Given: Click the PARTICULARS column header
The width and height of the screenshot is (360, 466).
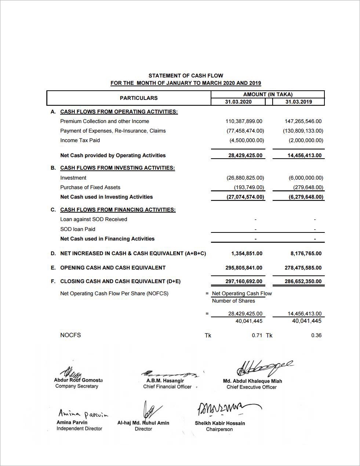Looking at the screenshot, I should pos(139,98).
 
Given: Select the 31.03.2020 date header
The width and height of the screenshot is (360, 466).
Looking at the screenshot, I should pos(238,102).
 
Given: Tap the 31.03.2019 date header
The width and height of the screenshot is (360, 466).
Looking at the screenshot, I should pos(298,102).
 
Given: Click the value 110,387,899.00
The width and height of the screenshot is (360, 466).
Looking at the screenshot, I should pos(244,121).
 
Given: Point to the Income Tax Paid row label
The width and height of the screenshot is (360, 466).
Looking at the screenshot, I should pos(80,140).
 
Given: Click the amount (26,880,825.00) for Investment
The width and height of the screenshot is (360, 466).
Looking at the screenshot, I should pos(245,178).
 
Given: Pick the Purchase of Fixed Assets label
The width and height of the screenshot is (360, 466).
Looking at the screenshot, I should pos(90,187).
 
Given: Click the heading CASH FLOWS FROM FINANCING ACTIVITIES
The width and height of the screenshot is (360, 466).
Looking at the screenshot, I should pos(118,210).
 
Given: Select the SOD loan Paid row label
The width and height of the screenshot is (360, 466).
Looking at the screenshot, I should pos(78,229).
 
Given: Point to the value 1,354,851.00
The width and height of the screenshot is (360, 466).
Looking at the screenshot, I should pos(247,253).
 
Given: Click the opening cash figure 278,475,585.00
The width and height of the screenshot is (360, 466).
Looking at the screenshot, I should pos(303,268).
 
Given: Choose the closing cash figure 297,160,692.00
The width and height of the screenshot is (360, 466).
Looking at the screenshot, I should pos(244,282).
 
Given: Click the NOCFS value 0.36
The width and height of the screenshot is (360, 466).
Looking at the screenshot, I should pos(316,335).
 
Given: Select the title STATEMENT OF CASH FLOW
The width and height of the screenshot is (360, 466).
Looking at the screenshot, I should pos(186,76).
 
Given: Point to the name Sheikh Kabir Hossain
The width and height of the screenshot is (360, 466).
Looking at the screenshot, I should pos(220,423).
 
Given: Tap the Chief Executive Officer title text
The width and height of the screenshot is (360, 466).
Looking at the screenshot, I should pos(251,387).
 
